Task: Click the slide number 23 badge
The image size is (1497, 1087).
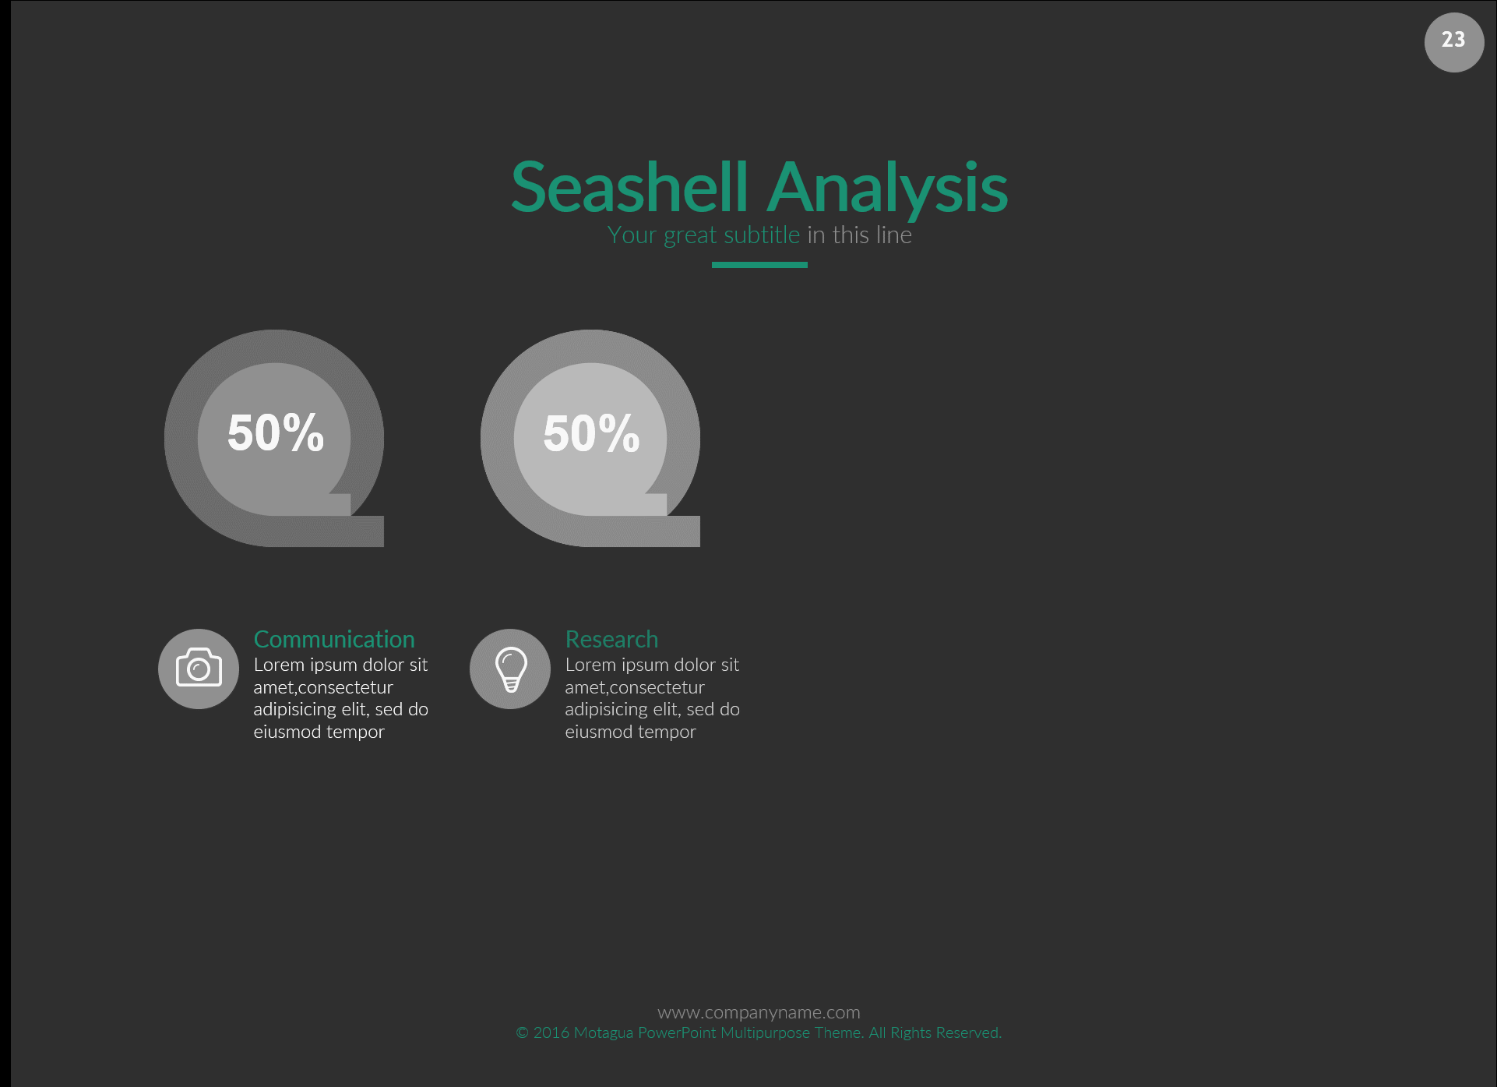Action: [x=1453, y=42]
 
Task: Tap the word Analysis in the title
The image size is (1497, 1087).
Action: [x=888, y=189]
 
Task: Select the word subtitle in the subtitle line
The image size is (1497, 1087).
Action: [x=762, y=235]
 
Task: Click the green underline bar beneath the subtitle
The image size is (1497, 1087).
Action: [x=759, y=265]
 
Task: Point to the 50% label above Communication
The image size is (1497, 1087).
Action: [x=276, y=432]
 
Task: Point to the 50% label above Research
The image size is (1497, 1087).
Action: [x=592, y=433]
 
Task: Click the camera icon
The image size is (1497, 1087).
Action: [x=199, y=669]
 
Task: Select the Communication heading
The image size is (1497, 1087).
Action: [x=334, y=639]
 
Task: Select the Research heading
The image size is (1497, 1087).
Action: [x=611, y=639]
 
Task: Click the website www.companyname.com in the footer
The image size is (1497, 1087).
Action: [x=759, y=1012]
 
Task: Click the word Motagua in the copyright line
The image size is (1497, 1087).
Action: [x=603, y=1032]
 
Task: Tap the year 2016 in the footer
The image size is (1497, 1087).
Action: [x=551, y=1032]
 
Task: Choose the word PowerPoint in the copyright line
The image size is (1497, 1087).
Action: [x=677, y=1032]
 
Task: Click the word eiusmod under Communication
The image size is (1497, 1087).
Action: [x=287, y=732]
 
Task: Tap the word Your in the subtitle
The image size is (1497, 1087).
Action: [x=632, y=235]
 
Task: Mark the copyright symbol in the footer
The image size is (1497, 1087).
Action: [x=523, y=1033]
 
